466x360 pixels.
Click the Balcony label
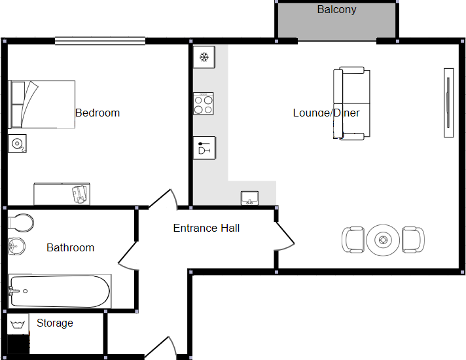click(336, 10)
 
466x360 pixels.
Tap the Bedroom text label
click(98, 113)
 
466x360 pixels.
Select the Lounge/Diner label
click(326, 113)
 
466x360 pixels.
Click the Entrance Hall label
click(206, 228)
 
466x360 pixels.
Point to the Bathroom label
click(70, 247)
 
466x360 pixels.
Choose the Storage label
click(54, 323)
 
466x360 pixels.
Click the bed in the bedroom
click(42, 104)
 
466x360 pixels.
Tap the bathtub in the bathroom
click(60, 291)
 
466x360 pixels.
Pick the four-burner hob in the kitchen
click(204, 103)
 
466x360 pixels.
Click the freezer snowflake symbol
click(204, 58)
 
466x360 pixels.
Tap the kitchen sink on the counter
click(249, 198)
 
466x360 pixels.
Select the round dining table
click(382, 240)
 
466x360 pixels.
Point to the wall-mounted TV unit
click(448, 102)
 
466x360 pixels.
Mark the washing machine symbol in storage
click(18, 324)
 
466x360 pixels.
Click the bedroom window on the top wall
click(99, 41)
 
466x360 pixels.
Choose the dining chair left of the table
click(353, 240)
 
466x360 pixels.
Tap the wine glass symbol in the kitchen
click(204, 148)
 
